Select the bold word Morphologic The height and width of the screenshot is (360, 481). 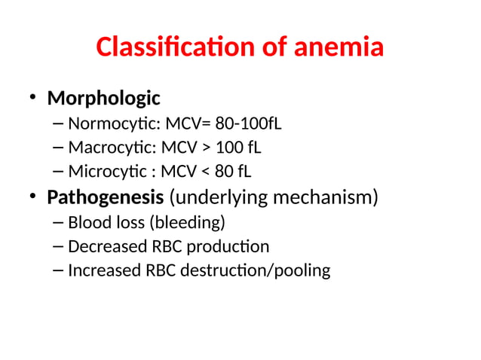pos(103,99)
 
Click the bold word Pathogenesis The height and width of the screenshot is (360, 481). pos(106,198)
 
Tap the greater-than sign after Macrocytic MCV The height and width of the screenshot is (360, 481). pos(205,147)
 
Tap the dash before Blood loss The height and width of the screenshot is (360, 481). pos(59,223)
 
